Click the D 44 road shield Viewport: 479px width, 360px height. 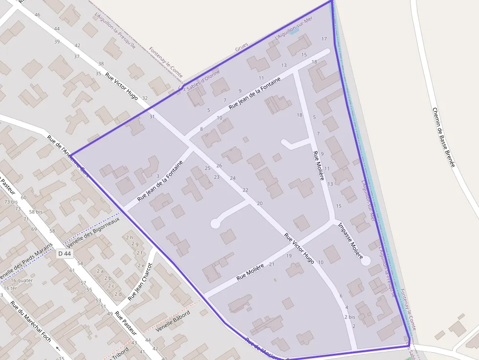(64, 254)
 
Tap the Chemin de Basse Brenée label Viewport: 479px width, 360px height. (443, 137)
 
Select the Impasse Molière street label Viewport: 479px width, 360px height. (350, 241)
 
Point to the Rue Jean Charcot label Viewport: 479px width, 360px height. (140, 281)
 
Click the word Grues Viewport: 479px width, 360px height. (241, 47)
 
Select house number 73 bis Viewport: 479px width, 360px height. (10, 201)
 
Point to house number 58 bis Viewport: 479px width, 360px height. (36, 212)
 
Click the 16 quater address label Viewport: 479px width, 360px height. (22, 280)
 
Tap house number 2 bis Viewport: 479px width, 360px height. (349, 317)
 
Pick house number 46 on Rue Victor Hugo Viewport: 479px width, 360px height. (38, 15)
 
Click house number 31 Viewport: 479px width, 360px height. (152, 117)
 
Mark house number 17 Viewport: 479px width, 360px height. (324, 39)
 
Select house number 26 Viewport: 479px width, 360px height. (219, 166)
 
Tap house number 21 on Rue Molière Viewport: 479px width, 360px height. (272, 264)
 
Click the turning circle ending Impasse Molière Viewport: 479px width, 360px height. (365, 261)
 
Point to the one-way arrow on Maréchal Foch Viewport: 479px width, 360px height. (58, 348)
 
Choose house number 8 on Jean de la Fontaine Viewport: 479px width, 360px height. (201, 129)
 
